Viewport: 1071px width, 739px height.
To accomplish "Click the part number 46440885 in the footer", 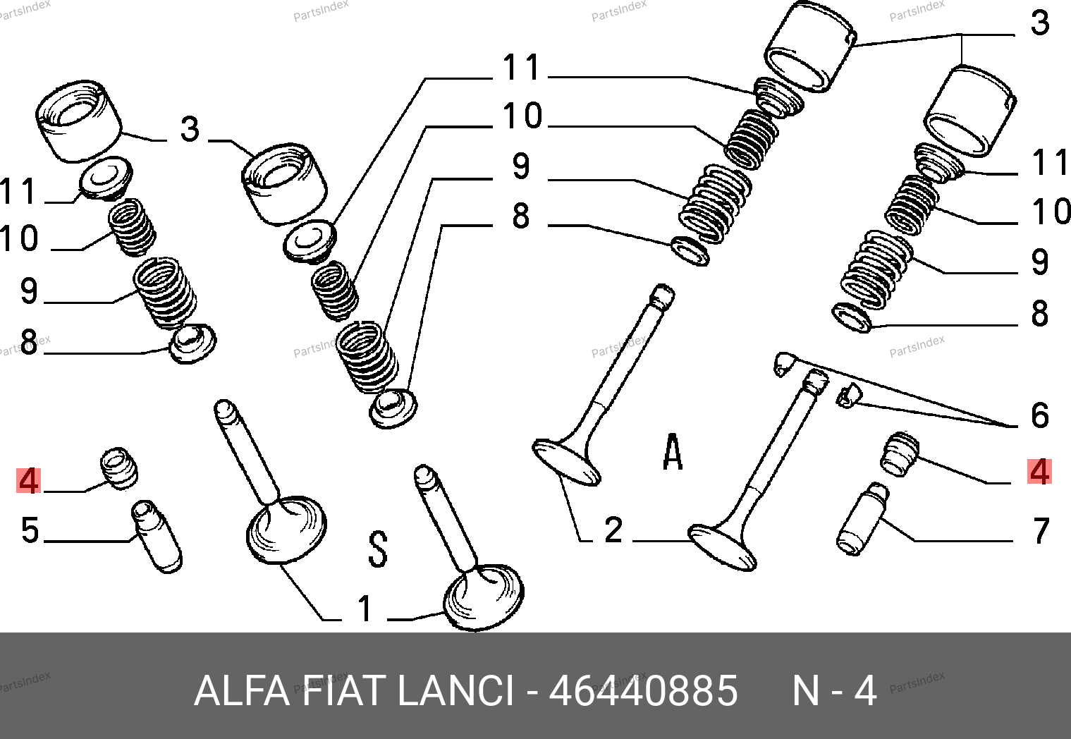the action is pyautogui.click(x=643, y=690).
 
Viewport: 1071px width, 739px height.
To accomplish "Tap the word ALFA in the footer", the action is pyautogui.click(x=242, y=690).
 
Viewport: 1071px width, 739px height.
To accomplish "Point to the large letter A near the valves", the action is pyautogui.click(x=673, y=451).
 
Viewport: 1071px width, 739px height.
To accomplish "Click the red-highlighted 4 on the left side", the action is pyautogui.click(x=28, y=481).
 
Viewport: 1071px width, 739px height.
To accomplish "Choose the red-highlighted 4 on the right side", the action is pyautogui.click(x=1039, y=472).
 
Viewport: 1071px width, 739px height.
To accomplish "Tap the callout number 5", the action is pyautogui.click(x=30, y=530).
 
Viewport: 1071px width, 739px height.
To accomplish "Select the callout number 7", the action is pyautogui.click(x=1041, y=530).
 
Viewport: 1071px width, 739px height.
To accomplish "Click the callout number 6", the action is pyautogui.click(x=1040, y=415).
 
